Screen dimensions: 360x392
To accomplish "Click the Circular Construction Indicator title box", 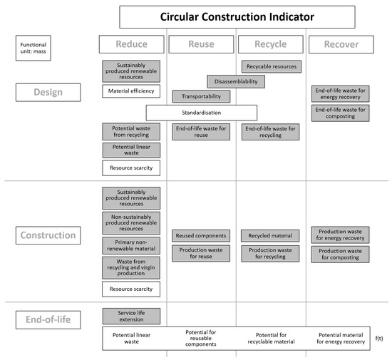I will click(x=237, y=16).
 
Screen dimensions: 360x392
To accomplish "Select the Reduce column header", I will click(x=131, y=44).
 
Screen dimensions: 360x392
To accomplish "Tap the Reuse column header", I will click(x=201, y=44).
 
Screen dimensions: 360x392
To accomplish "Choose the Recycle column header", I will click(x=271, y=44).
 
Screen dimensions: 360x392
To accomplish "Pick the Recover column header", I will click(x=341, y=44).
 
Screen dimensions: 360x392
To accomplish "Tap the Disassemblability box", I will click(x=236, y=81).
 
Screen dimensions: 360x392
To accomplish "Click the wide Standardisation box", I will click(x=201, y=113).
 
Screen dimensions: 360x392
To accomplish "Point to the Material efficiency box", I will click(x=131, y=91).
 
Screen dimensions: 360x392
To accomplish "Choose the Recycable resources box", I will click(x=271, y=66).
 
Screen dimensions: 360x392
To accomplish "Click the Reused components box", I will click(x=201, y=235).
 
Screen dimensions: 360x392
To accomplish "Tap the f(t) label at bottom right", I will click(x=379, y=339).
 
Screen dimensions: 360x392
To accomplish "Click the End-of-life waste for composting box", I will click(x=341, y=113).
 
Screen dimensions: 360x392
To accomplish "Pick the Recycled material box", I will click(x=271, y=235).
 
